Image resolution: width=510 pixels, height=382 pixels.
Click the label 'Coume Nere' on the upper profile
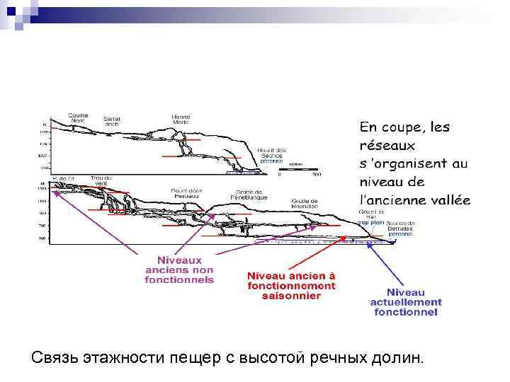(x=78, y=117)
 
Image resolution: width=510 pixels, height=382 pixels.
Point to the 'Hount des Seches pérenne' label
(x=271, y=155)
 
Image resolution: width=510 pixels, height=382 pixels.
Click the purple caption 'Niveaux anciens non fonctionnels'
(x=179, y=270)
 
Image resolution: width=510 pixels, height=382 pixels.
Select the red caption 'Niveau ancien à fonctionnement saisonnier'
(x=291, y=285)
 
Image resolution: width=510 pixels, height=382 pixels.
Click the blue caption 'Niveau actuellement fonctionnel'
(x=406, y=302)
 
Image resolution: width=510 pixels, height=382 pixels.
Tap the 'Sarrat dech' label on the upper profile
(x=112, y=121)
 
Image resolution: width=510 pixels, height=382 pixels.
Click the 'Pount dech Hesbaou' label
(x=186, y=193)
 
